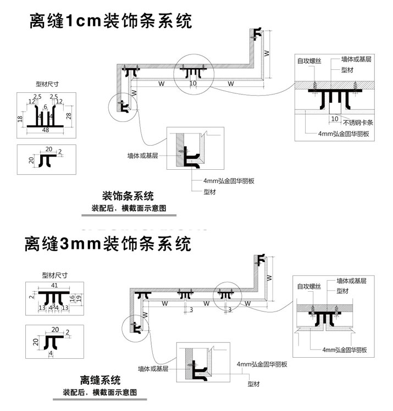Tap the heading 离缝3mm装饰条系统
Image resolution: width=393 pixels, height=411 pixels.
[x=108, y=243]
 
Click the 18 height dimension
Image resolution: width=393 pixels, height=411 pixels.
[x=20, y=118]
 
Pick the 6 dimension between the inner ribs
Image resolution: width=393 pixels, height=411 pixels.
[x=46, y=106]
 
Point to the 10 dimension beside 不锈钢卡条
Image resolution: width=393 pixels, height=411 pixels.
[x=335, y=119]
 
